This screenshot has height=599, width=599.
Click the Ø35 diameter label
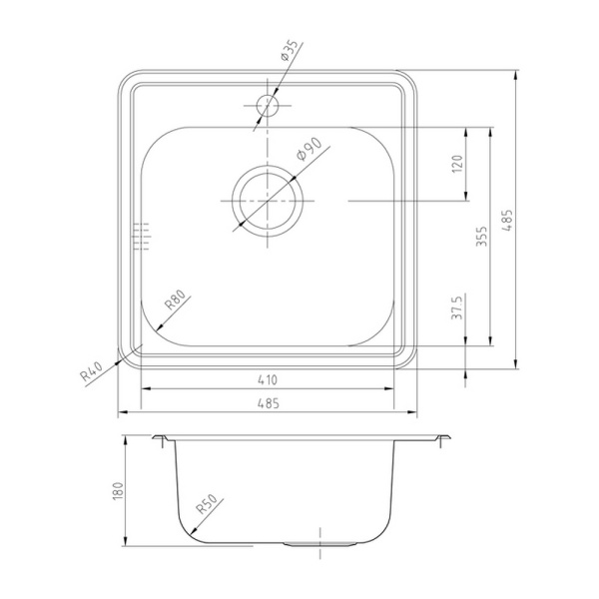tap(290, 51)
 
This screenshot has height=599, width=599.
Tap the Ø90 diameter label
tap(309, 149)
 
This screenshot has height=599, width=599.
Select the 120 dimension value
tap(457, 163)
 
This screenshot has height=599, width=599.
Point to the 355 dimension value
tap(482, 236)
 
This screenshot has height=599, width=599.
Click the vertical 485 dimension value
tap(507, 220)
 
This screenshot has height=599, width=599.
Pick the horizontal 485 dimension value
tap(269, 403)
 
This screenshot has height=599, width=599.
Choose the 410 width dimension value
tap(268, 379)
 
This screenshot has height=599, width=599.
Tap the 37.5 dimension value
tap(457, 306)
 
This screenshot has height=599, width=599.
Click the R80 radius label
tap(175, 299)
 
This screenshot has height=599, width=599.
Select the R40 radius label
tap(92, 371)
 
